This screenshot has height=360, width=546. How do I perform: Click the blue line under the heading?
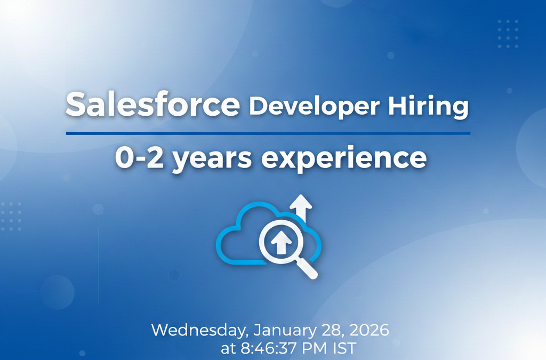pos(268,133)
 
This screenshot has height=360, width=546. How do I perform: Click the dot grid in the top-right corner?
pos(508,34)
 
